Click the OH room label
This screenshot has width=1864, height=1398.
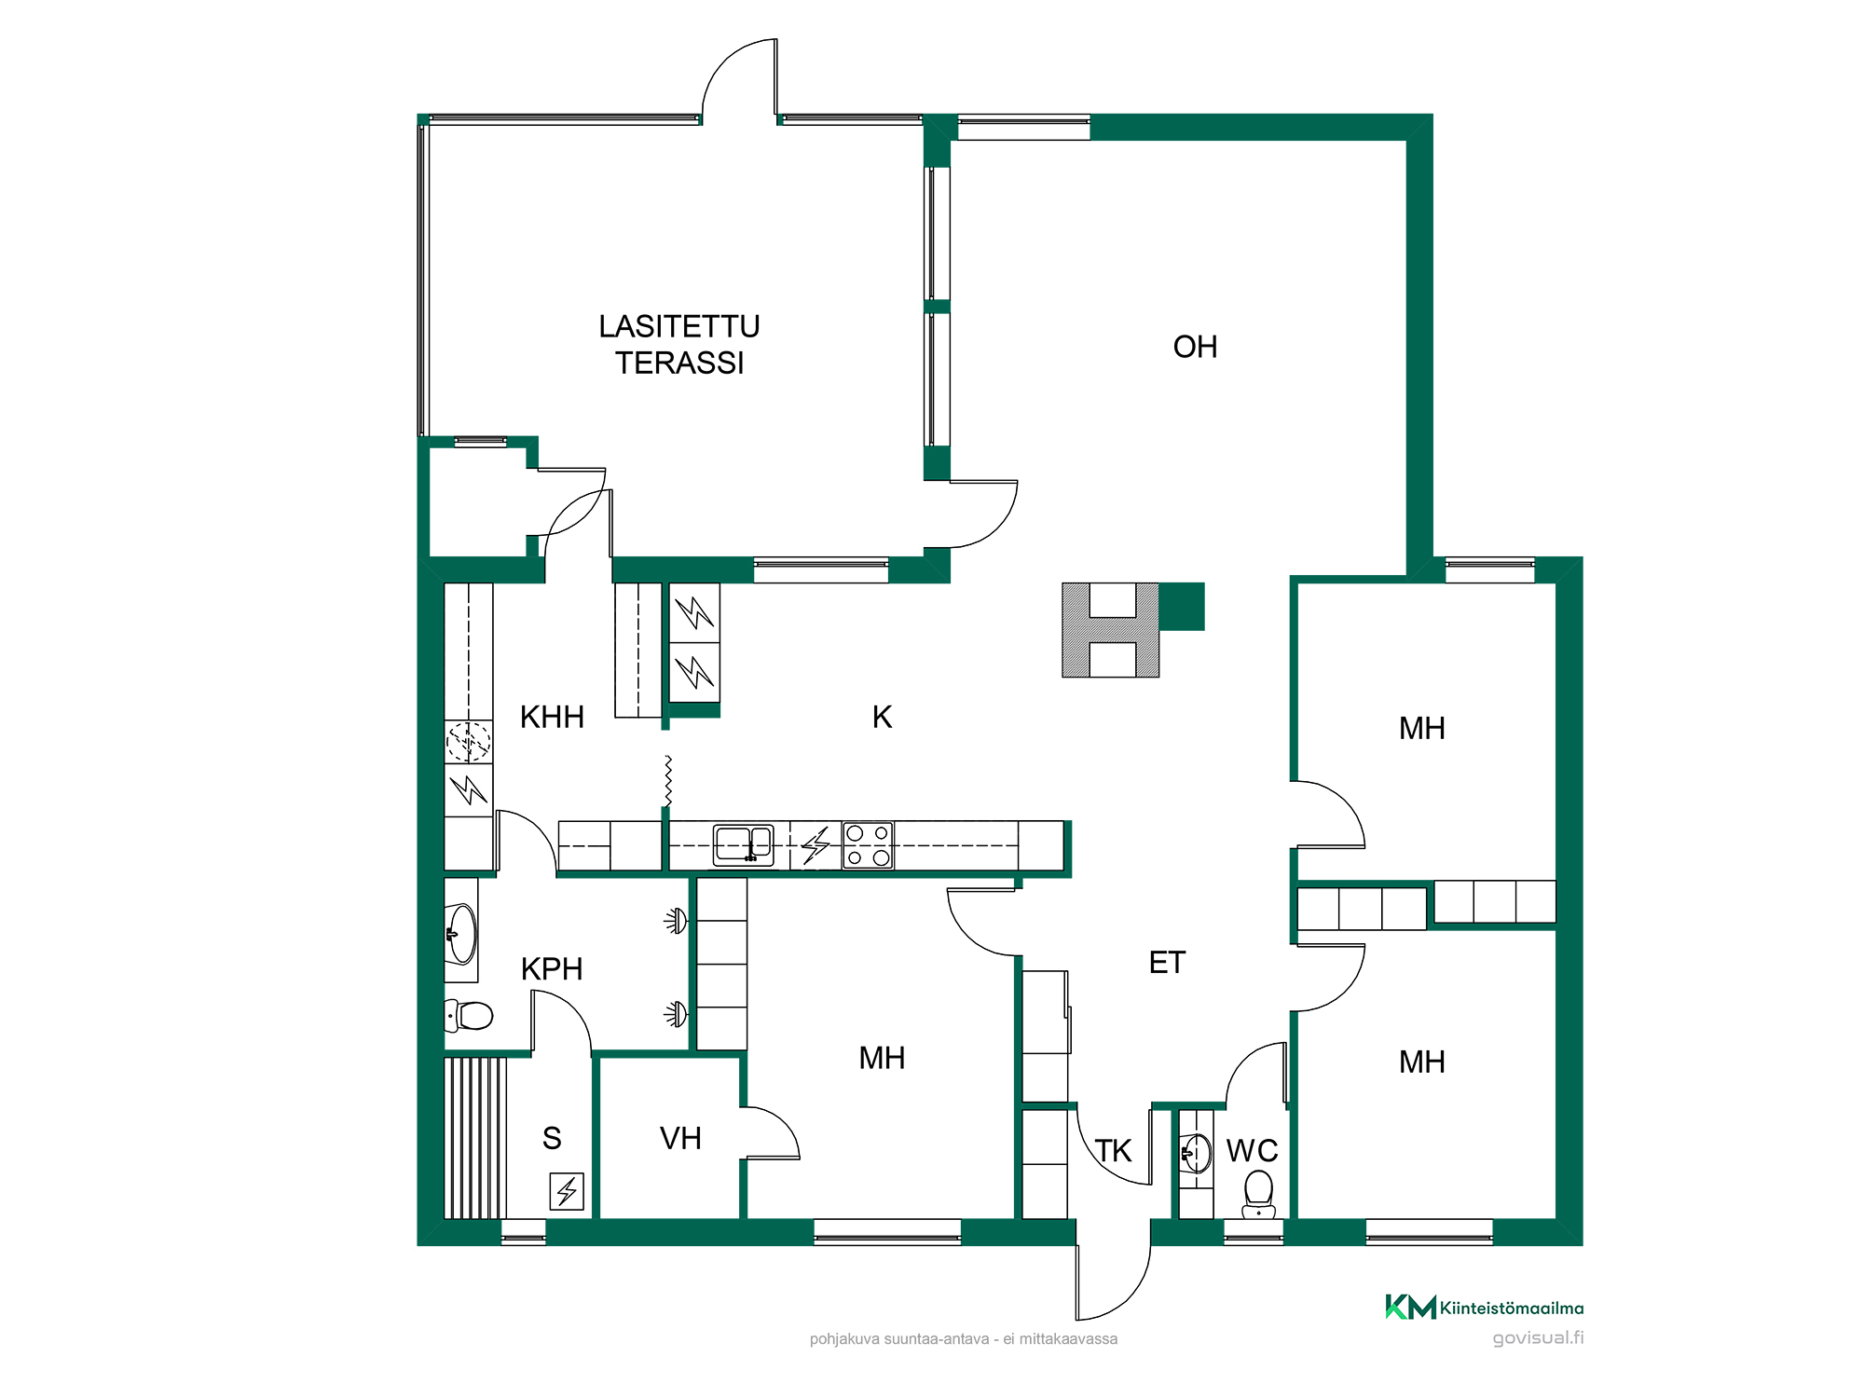(1195, 347)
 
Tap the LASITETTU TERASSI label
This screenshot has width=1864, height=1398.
(679, 345)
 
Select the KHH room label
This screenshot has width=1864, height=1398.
(552, 717)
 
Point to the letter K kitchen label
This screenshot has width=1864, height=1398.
(882, 717)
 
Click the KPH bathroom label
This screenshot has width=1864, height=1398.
(552, 969)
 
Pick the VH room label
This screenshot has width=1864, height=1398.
(680, 1138)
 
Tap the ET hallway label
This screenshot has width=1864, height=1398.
(1167, 963)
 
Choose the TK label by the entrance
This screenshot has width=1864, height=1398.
(1113, 1151)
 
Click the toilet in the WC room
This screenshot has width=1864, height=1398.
(1258, 1194)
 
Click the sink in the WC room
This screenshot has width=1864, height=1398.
(1196, 1154)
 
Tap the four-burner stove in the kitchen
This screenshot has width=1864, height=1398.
(868, 845)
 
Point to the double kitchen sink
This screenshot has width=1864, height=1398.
(744, 845)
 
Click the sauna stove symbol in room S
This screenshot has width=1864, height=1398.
(567, 1191)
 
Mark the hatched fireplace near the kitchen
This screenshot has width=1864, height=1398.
(1111, 630)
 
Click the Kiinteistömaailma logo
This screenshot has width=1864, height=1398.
(1484, 1308)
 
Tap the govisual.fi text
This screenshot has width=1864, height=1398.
(1538, 1338)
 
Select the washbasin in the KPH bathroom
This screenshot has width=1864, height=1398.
(461, 933)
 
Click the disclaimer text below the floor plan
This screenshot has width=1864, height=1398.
(964, 1339)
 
